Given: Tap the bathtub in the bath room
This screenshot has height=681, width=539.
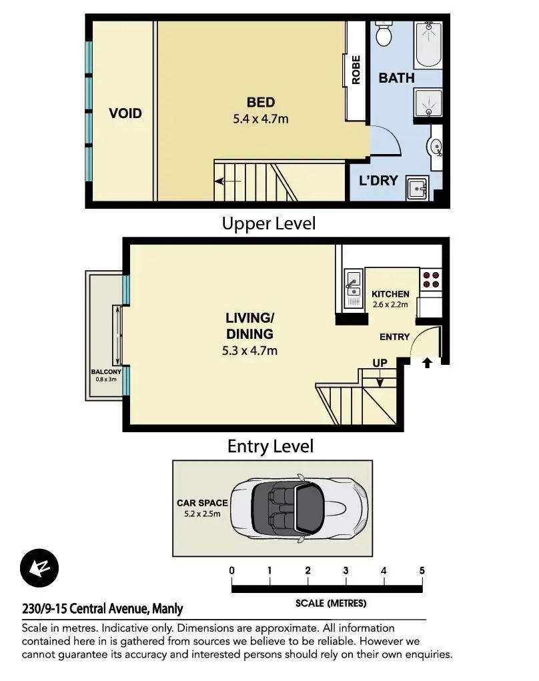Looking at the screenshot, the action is coord(429,44).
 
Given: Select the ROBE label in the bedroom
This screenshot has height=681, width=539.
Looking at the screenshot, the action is coord(356,70).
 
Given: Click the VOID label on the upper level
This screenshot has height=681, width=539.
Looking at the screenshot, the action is coord(125,113).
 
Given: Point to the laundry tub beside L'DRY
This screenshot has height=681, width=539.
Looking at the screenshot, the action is coord(418,188).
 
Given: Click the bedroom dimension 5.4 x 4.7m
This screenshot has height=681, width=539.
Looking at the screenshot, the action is coord(261,119).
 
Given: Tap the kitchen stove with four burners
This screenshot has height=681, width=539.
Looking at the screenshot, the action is coord(431,279).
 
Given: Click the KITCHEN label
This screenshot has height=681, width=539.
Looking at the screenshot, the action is coord(390,294).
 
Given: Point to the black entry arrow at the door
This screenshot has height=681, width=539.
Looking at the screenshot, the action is coord(428,363).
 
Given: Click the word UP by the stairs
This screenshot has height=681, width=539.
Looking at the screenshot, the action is coord(380,363).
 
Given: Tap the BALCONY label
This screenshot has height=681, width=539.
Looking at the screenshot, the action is coord(106,372).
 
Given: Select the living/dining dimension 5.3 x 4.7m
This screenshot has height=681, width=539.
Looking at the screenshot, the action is coord(249,350).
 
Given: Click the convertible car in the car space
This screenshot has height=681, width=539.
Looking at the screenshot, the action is coord(300,508).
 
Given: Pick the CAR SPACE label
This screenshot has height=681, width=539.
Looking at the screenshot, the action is coord(202,503).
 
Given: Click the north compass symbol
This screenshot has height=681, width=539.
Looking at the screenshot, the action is coord(39,568).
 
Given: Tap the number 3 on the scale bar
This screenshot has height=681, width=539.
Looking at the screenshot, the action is coord(346,571).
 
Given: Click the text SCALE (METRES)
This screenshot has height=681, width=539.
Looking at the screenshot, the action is coord(331,603).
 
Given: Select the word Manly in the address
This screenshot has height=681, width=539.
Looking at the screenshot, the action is coord(167,609).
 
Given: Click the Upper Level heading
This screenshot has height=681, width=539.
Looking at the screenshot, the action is coord(269,223).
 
